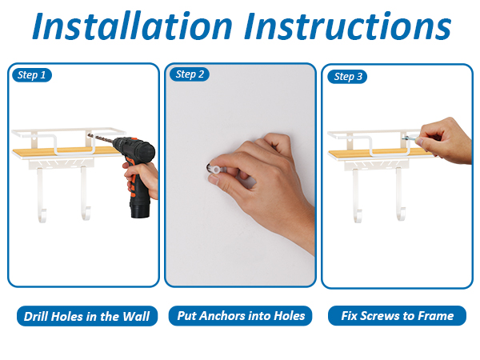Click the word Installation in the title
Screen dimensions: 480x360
(x=132, y=26)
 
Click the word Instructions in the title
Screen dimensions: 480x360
(x=348, y=26)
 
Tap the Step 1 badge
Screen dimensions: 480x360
(x=32, y=75)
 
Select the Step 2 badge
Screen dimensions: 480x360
(x=190, y=74)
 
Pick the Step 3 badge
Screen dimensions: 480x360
(x=347, y=76)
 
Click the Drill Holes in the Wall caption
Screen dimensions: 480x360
(x=87, y=316)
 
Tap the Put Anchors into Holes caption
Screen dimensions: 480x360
(x=241, y=316)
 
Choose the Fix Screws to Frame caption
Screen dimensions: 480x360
(x=397, y=316)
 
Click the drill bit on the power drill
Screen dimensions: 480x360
(x=100, y=138)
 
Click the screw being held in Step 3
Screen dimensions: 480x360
(x=410, y=138)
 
